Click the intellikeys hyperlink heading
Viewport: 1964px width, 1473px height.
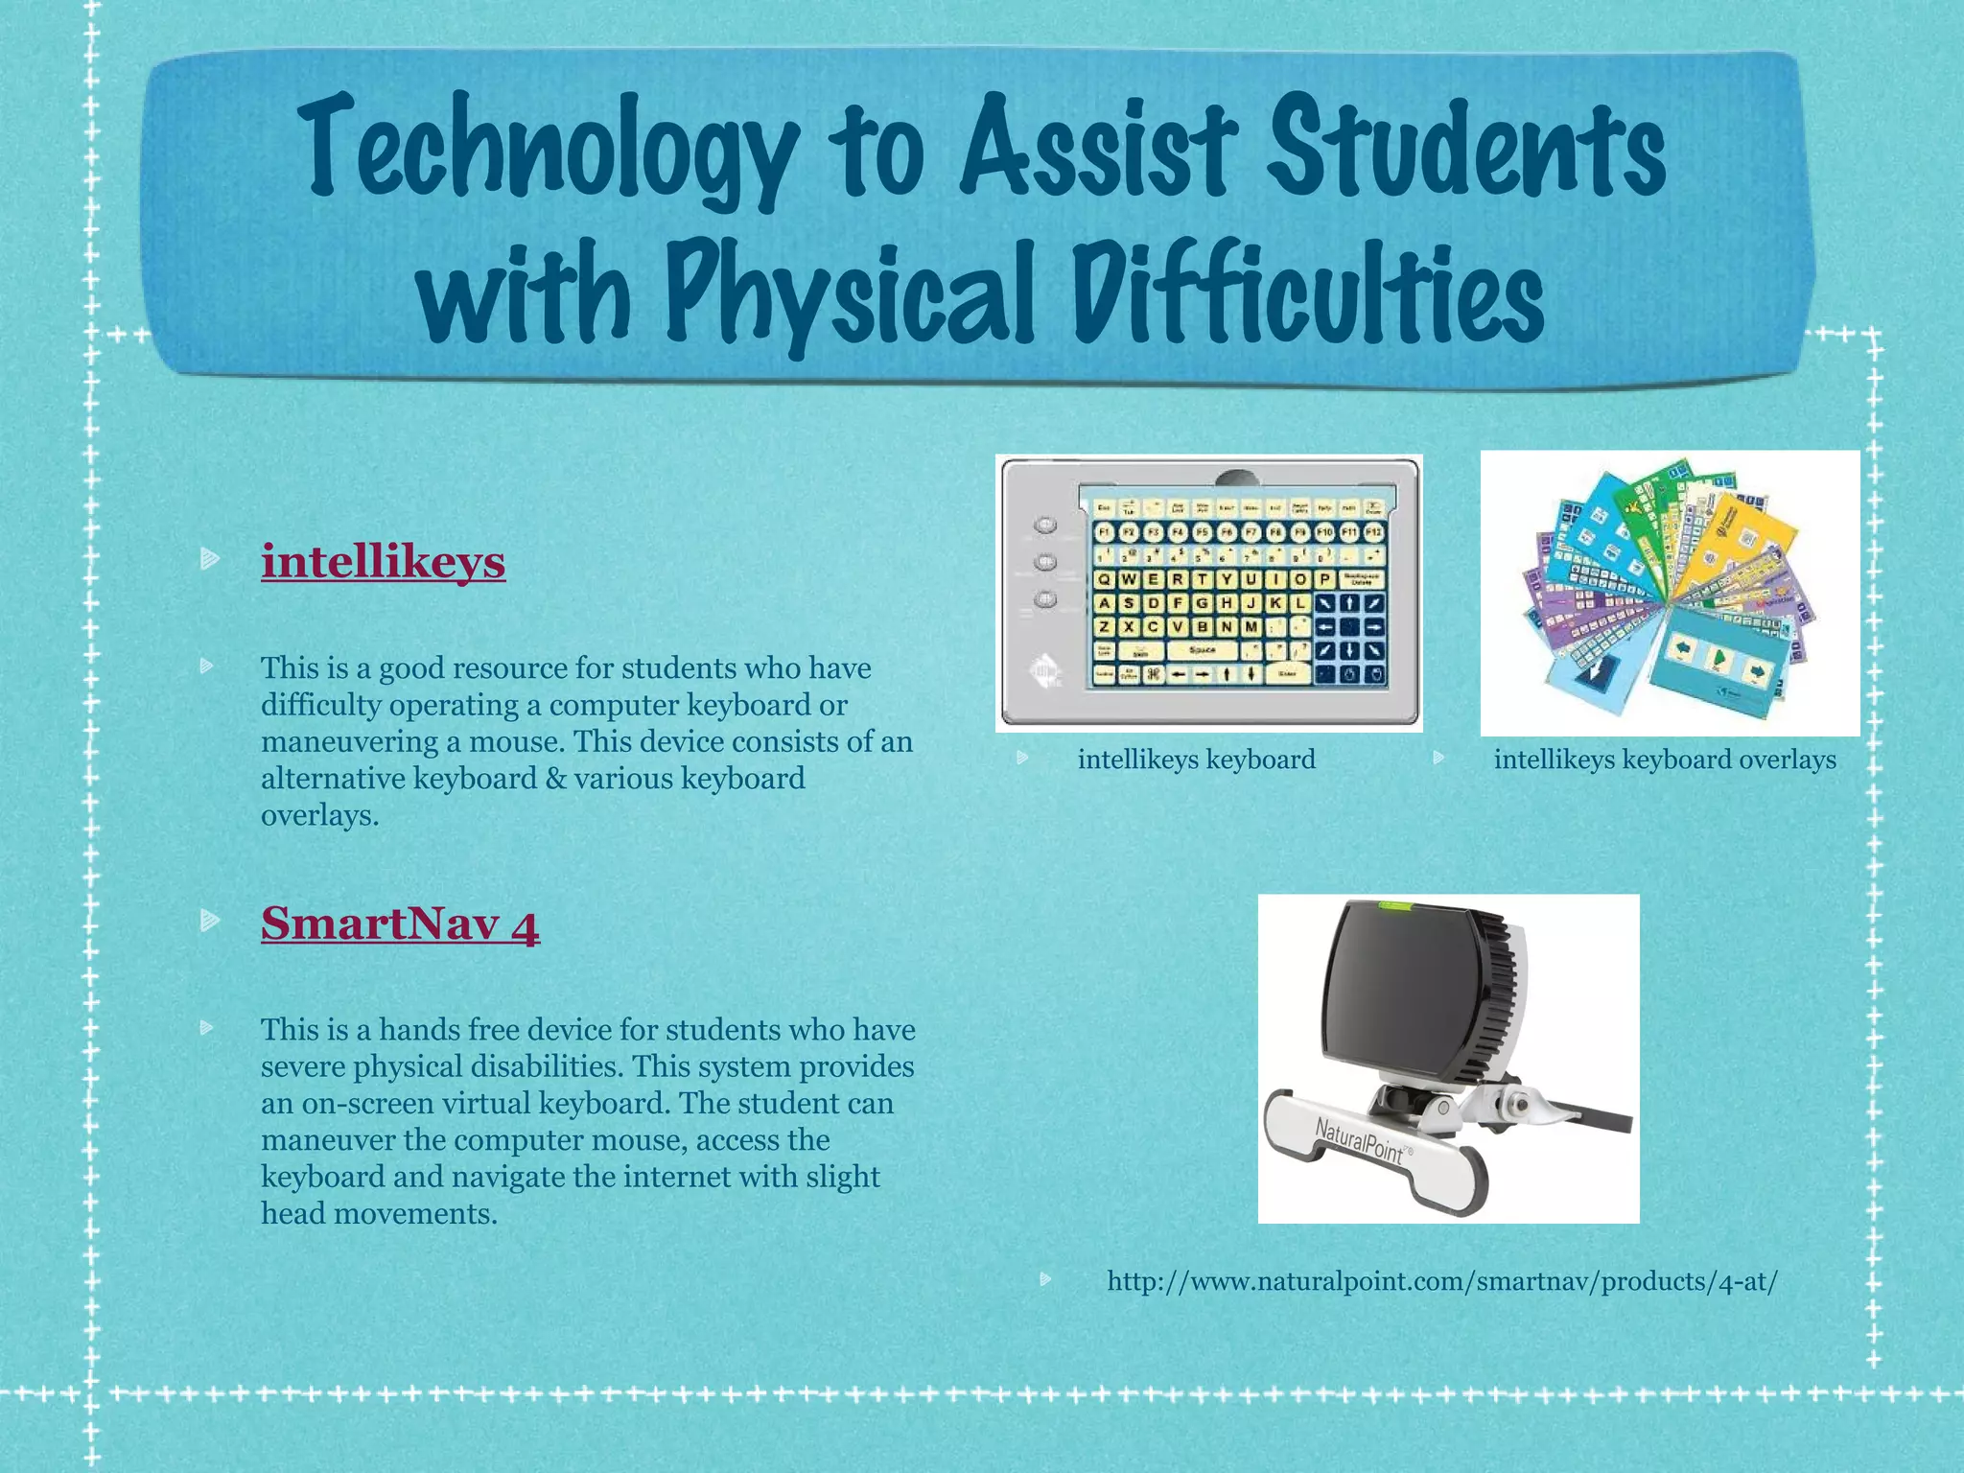(x=383, y=562)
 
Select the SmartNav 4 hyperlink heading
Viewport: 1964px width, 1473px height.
(x=400, y=924)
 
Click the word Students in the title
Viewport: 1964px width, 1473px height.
(x=1466, y=149)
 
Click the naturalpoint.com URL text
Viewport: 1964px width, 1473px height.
(x=1441, y=1281)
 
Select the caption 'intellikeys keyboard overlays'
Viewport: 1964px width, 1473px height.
(x=1665, y=760)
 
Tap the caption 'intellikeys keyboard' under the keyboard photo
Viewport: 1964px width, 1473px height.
(x=1196, y=760)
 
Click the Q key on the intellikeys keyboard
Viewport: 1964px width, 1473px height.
(x=1105, y=579)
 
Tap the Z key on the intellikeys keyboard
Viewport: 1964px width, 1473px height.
(x=1105, y=627)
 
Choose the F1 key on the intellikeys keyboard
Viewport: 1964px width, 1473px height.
(x=1104, y=531)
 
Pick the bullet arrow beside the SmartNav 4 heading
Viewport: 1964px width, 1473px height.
(x=210, y=922)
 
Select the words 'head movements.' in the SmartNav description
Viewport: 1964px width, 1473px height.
(x=379, y=1214)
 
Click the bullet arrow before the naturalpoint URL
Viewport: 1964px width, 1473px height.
(x=1046, y=1279)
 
